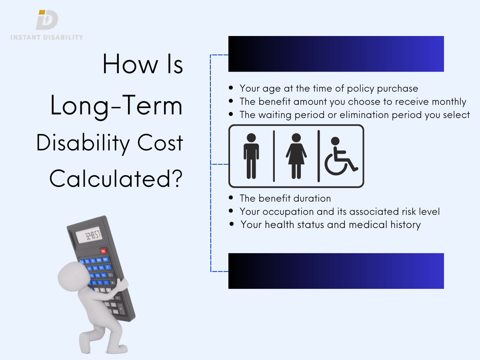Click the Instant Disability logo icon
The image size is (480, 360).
[x=47, y=20]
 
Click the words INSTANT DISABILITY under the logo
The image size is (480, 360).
[x=46, y=37]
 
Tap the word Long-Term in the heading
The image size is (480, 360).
[x=116, y=106]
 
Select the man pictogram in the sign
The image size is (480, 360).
[x=251, y=156]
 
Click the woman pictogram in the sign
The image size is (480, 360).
[x=296, y=156]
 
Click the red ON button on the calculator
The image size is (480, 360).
[x=104, y=251]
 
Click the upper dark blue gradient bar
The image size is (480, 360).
[x=336, y=54]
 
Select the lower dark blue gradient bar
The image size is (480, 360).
[x=336, y=271]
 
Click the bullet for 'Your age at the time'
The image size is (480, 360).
[x=231, y=88]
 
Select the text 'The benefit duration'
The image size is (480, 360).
[x=285, y=198]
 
